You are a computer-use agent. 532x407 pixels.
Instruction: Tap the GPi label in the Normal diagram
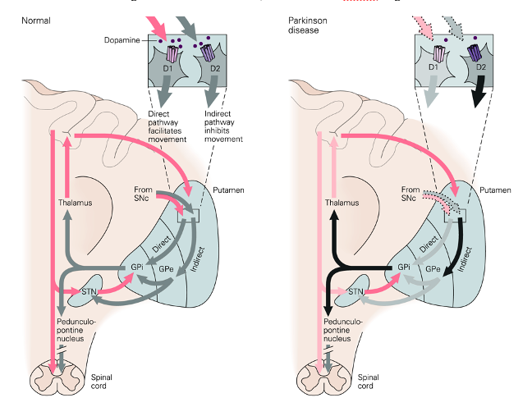[138, 268]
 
